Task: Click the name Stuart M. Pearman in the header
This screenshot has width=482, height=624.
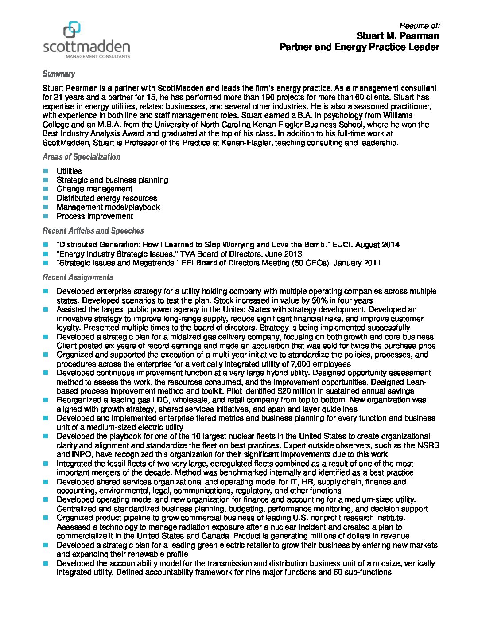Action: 398,35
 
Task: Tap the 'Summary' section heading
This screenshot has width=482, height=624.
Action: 58,74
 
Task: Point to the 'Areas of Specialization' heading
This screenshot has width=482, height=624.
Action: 81,157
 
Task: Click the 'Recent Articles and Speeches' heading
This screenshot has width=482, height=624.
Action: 93,231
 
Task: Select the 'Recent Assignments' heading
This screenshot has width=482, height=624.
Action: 78,277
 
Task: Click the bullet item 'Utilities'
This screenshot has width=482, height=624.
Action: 69,171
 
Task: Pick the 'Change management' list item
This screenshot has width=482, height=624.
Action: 94,189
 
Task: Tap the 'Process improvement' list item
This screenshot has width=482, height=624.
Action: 94,216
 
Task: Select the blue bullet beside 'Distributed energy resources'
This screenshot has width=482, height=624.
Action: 46,198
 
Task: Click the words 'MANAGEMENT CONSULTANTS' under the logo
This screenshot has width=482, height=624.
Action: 98,57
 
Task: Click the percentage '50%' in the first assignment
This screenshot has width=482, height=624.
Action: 313,300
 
